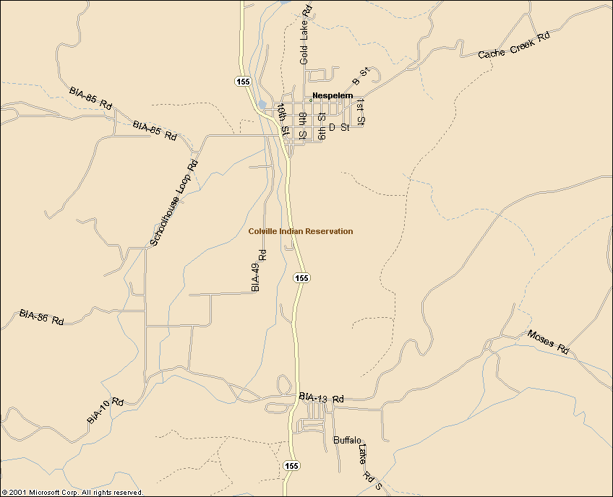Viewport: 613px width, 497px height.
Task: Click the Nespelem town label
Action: pos(333,95)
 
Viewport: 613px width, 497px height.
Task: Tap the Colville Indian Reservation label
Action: pos(301,231)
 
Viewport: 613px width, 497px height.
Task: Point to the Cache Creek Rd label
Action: pos(514,45)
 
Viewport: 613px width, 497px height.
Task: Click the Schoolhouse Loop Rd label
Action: pos(173,203)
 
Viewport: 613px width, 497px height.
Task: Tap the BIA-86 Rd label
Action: pos(42,317)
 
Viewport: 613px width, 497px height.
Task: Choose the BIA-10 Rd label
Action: pos(106,411)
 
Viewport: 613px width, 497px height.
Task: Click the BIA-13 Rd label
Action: pos(321,398)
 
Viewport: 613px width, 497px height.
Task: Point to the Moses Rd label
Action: pos(549,341)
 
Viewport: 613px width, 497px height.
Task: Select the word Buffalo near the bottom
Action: pos(347,440)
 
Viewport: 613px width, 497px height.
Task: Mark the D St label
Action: pos(339,127)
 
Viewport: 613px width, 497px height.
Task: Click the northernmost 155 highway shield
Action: pos(243,82)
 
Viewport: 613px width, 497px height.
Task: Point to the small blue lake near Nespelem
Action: pos(262,105)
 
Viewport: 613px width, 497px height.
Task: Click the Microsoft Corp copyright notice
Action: pos(72,492)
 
